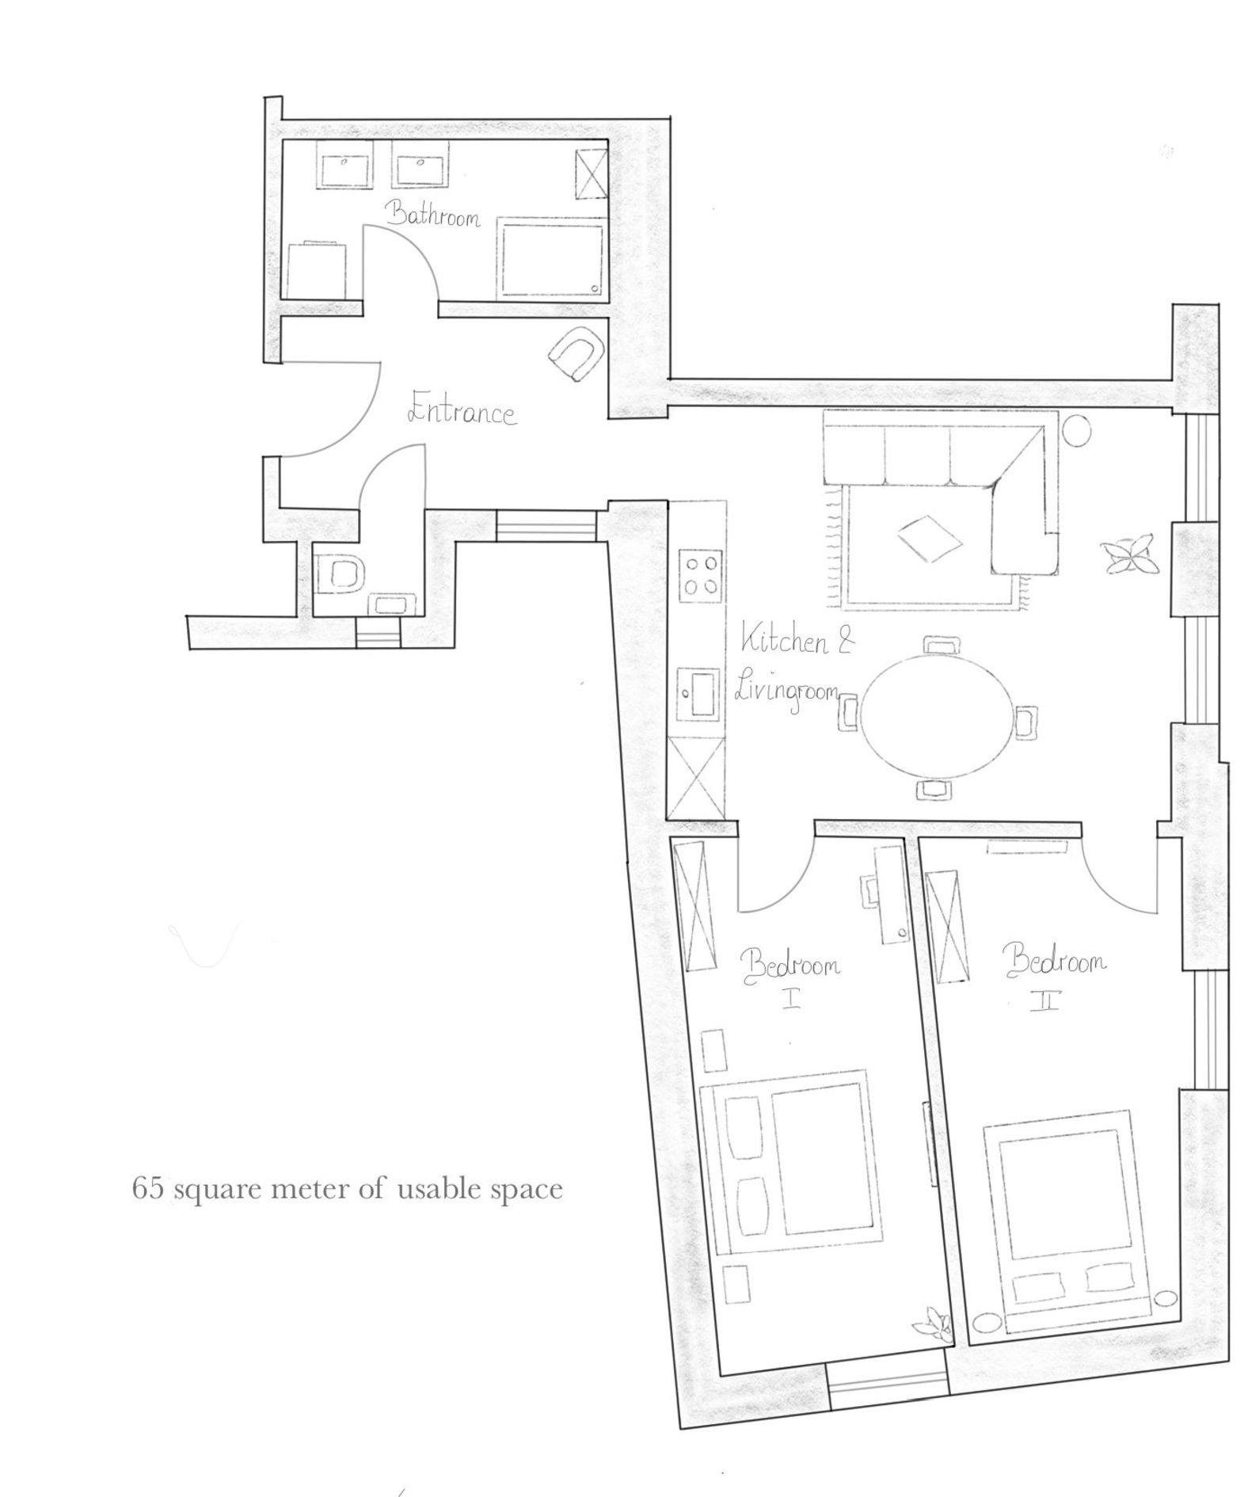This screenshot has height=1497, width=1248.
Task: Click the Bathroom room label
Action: coord(433,215)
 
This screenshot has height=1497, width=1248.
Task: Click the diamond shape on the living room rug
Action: coord(929,539)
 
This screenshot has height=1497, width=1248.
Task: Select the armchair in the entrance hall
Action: coord(576,352)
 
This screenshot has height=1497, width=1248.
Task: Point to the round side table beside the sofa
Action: coord(1075,430)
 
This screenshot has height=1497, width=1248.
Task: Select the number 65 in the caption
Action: coord(147,1189)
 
